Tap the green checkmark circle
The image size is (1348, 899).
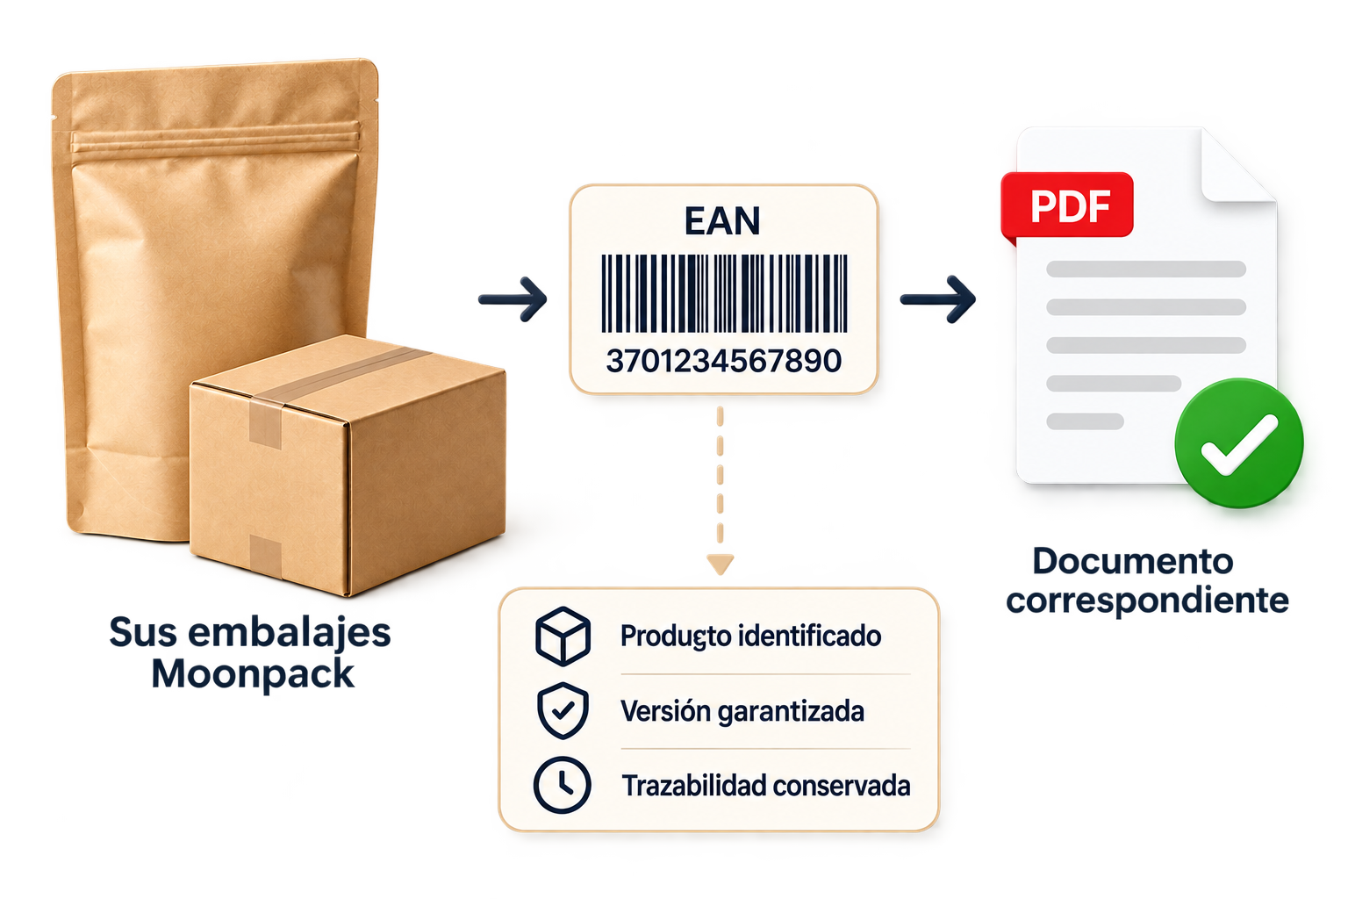point(1239,443)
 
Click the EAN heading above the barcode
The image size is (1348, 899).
point(723,221)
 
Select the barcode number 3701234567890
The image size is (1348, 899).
point(724,362)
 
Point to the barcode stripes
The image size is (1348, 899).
point(725,293)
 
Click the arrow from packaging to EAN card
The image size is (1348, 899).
point(513,298)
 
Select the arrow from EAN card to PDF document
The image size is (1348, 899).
point(937,299)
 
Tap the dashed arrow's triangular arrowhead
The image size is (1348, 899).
point(720,565)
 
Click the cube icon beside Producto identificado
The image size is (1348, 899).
point(563,636)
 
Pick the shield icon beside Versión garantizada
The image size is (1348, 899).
point(563,710)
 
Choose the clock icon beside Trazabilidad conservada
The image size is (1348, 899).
point(562,785)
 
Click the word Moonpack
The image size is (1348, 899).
point(253,673)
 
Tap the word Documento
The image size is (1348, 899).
point(1133,561)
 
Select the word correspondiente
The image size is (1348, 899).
point(1148,601)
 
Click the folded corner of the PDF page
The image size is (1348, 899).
point(1237,167)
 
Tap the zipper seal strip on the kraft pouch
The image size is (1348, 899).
point(215,140)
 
